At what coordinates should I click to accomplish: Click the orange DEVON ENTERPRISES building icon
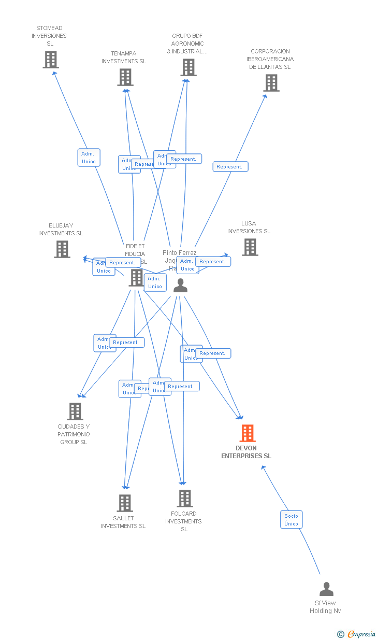click(248, 433)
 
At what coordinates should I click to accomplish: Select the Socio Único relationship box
click(291, 519)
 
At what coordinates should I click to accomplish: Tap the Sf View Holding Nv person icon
click(326, 589)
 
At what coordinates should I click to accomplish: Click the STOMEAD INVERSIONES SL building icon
click(50, 60)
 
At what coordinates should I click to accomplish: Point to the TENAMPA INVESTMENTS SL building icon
click(125, 77)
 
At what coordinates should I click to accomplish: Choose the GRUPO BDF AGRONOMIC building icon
click(189, 67)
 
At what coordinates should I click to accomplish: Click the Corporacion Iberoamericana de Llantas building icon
click(271, 83)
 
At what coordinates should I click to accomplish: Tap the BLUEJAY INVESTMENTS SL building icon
click(62, 249)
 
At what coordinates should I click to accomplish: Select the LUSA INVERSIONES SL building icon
click(250, 247)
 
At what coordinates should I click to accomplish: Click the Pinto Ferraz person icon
click(180, 286)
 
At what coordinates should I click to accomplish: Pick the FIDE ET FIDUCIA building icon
click(136, 277)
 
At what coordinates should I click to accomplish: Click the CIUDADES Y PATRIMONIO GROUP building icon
click(75, 411)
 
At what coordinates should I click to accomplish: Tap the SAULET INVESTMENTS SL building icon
click(124, 503)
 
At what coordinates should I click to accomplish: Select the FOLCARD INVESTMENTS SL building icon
click(184, 499)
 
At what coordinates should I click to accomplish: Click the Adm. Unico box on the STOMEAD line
click(89, 158)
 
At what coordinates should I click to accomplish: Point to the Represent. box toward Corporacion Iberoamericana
click(230, 167)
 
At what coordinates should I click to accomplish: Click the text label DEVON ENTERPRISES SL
click(246, 452)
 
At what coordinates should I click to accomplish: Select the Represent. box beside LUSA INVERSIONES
click(213, 262)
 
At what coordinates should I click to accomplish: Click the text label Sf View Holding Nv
click(325, 607)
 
